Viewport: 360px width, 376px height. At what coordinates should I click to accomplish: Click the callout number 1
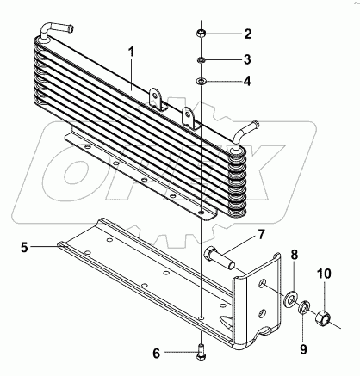tap(131, 52)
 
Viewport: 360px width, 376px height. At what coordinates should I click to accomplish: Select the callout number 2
tap(248, 34)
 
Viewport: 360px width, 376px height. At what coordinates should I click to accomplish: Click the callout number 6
tap(156, 354)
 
